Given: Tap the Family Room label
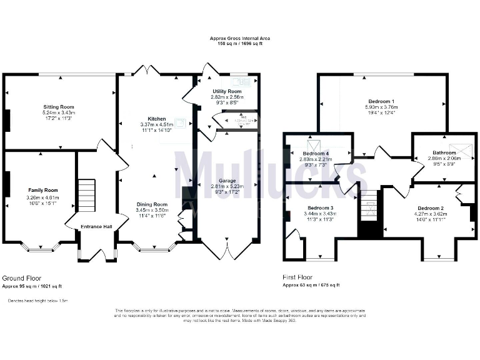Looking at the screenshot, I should (42, 189).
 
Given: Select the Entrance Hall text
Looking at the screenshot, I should (96, 226).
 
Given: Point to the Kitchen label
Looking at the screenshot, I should (156, 118).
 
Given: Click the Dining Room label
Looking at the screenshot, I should (152, 204).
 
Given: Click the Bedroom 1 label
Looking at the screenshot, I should (381, 101).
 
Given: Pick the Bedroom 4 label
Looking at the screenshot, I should (316, 153).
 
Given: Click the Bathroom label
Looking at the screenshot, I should (444, 152).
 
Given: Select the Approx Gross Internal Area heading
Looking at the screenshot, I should (241, 39).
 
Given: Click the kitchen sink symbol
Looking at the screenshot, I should (181, 122).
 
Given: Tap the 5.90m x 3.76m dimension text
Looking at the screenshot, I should (381, 107).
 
